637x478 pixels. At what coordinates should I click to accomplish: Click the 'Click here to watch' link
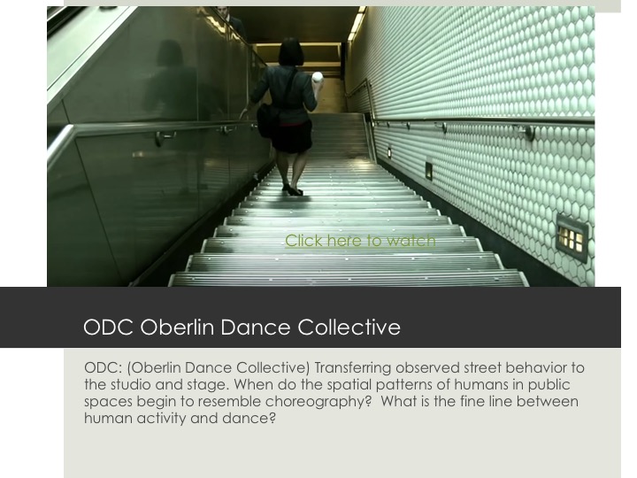click(x=360, y=241)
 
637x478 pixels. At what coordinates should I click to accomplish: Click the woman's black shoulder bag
click(x=267, y=119)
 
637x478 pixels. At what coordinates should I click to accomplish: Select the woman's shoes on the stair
click(x=293, y=189)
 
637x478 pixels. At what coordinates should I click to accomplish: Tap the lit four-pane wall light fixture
click(x=572, y=238)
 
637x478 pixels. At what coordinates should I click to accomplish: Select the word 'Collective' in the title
click(x=349, y=327)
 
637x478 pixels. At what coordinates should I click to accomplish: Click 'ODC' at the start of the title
click(x=109, y=327)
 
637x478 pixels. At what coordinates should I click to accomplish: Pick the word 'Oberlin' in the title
click(x=177, y=327)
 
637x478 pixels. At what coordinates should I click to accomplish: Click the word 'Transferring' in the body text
click(x=353, y=368)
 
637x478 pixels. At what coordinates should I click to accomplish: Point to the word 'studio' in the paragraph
click(x=129, y=385)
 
